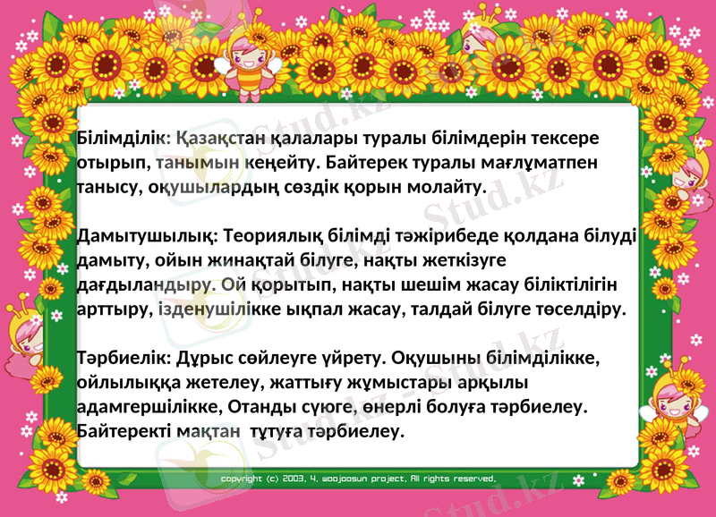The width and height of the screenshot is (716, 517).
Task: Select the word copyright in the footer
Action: point(242,479)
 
